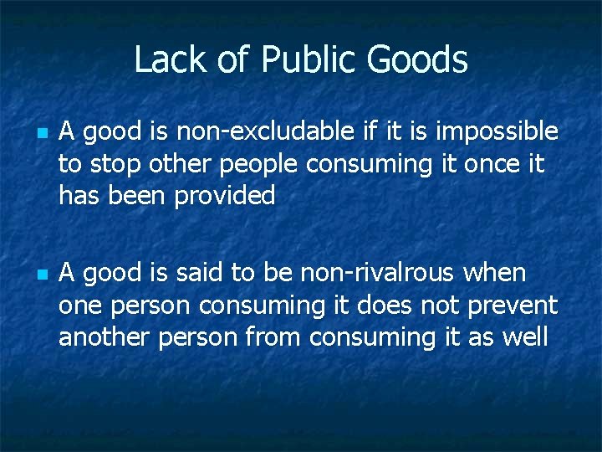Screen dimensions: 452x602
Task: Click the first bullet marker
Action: click(40, 132)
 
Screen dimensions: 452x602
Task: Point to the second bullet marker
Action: click(40, 274)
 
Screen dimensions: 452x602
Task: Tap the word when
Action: click(496, 273)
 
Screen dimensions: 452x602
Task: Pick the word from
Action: click(278, 337)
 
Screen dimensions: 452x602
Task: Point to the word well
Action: click(524, 337)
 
